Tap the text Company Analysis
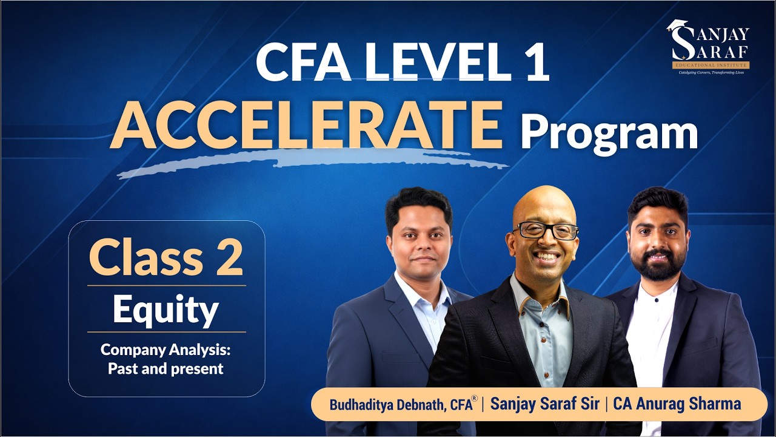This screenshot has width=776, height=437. click(x=166, y=350)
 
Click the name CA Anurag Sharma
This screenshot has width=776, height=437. click(x=677, y=404)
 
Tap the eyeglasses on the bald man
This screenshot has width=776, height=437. click(x=546, y=231)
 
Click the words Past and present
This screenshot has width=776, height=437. click(x=166, y=368)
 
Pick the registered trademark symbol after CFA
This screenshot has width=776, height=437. click(x=474, y=399)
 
